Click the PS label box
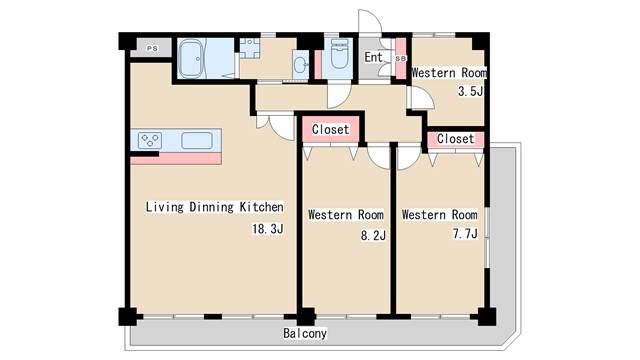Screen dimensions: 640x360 152,48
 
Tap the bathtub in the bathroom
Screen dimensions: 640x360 191,58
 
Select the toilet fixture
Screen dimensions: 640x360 339,53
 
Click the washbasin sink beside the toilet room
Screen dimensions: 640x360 301,64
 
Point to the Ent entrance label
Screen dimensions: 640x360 373,57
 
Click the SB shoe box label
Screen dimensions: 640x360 401,58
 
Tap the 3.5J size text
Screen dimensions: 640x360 470,91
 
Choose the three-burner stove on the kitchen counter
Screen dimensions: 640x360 150,140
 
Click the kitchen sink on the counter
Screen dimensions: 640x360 197,140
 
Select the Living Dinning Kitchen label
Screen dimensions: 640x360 214,207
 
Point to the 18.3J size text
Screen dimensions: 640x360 268,229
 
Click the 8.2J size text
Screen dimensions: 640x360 373,236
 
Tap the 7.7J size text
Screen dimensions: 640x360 465,233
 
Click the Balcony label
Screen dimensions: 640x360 305,333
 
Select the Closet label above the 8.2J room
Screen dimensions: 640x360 331,129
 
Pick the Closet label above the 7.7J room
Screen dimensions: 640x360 456,139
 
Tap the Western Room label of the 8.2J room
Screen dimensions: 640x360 346,215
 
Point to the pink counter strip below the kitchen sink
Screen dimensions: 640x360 176,158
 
